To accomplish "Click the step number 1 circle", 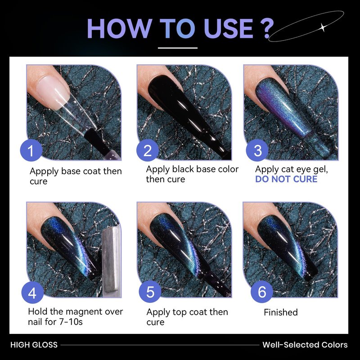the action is [31, 150].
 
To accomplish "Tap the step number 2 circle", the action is [148, 150].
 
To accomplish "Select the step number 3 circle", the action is [257, 150].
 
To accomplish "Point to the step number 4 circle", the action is [32, 292].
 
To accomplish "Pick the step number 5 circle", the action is [150, 292].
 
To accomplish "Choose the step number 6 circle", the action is [262, 292].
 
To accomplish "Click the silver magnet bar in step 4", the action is [111, 262].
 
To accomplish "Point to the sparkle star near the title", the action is [323, 27].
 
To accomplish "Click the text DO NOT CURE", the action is [286, 179].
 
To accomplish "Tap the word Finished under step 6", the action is [280, 312].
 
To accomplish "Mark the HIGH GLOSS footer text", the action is [34, 345].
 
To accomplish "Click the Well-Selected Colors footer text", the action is [305, 345].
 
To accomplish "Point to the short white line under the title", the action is [178, 48].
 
